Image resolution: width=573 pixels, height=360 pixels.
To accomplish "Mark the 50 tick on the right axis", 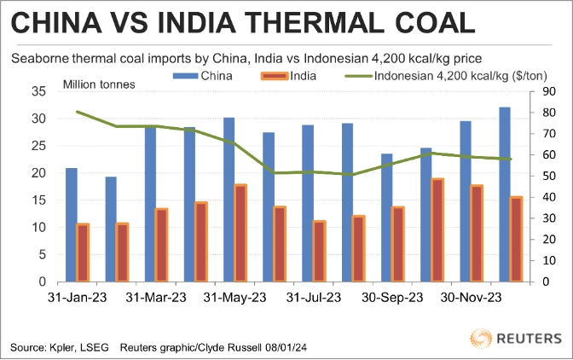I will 550,176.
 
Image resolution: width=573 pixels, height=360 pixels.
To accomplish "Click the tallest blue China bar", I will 504,194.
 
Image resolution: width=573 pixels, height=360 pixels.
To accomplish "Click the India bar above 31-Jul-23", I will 320,251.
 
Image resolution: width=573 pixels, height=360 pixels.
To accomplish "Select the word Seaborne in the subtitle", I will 38,59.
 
